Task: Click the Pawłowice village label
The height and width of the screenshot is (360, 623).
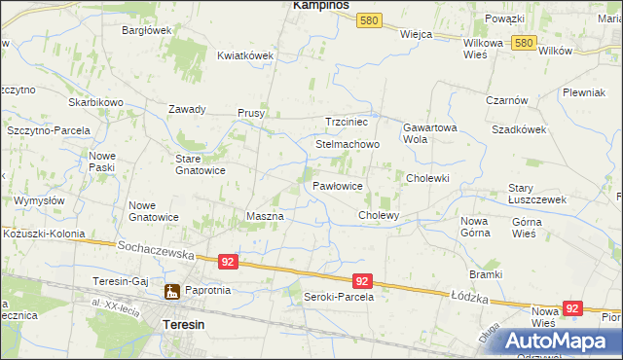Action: coord(338,185)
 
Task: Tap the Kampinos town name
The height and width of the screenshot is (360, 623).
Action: coord(321,6)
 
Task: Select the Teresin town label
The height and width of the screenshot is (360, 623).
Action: coord(183,323)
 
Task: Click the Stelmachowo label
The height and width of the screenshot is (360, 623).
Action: coord(348,144)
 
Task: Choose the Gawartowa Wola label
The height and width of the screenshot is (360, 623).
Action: coord(429,132)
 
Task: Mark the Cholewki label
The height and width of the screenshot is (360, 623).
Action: coord(427,178)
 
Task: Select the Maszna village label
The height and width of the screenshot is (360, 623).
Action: coord(265,216)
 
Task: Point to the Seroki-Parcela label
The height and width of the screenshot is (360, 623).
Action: coord(339,297)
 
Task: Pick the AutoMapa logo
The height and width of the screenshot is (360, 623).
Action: coord(560,341)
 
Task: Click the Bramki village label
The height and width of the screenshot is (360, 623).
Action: coord(485,275)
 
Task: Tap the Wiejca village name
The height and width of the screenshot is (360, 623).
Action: coord(416,32)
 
